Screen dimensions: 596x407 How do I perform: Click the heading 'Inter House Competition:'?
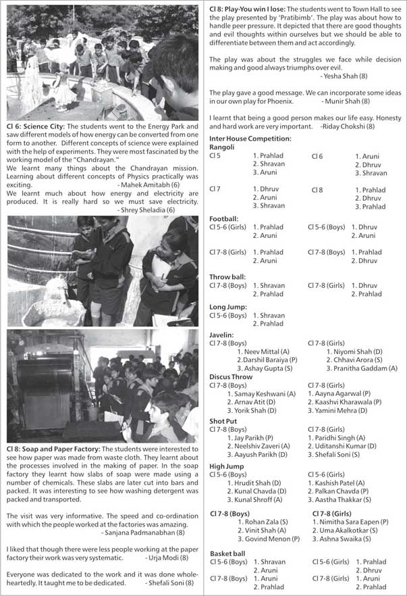pyautogui.click(x=250, y=139)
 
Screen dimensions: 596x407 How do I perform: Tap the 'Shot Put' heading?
pyautogui.click(x=222, y=420)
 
